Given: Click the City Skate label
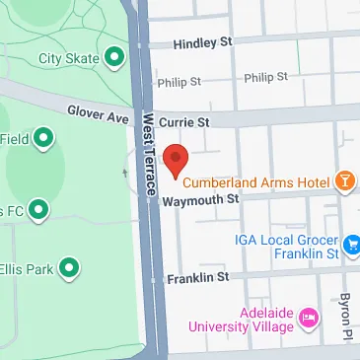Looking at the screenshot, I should (68, 58).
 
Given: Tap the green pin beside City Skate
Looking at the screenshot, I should (115, 58).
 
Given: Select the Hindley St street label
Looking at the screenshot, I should (201, 43).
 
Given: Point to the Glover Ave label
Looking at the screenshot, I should (98, 114).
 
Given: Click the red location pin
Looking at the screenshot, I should (176, 159).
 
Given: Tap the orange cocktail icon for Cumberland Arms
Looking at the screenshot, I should (346, 180).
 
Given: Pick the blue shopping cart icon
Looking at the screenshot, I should (353, 240).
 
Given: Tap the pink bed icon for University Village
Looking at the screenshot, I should (308, 316).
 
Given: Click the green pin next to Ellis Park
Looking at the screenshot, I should (69, 266).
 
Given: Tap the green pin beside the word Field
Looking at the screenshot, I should (44, 139).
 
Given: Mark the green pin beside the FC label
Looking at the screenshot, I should (38, 209).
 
